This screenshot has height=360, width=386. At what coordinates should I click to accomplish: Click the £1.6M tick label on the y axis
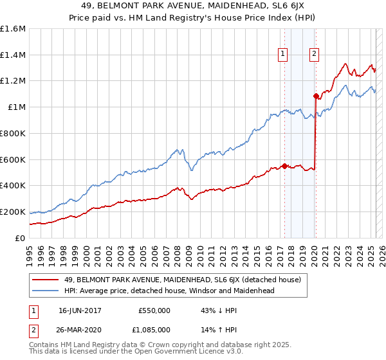click(x=13, y=29)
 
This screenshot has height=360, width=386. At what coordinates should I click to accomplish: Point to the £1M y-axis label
click(x=17, y=107)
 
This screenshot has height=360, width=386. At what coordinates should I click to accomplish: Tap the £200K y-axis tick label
click(x=13, y=212)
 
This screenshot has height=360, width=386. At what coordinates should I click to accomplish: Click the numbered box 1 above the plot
click(x=283, y=55)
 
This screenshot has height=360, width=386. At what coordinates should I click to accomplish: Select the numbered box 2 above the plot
click(x=315, y=55)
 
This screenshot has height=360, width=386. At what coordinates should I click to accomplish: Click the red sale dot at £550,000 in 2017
click(x=284, y=166)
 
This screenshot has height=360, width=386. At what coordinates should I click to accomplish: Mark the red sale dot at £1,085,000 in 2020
click(x=316, y=96)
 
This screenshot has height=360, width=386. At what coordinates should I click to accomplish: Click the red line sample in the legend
click(x=46, y=280)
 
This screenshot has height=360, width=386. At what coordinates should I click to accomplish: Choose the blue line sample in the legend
click(x=46, y=291)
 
